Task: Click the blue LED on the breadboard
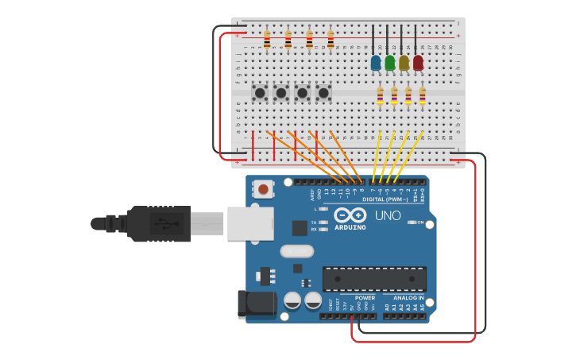point(376,62)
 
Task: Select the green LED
point(390,62)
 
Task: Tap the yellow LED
point(404,62)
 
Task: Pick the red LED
point(418,62)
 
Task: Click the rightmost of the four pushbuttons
point(323,93)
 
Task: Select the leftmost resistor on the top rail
point(267,39)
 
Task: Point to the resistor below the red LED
point(423,95)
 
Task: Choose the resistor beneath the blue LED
point(380,95)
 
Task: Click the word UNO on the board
point(388,215)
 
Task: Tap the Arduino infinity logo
point(350,215)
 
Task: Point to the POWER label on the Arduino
point(365,298)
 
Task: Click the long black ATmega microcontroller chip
point(374,278)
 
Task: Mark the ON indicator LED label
point(420,223)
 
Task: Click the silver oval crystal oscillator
point(297,251)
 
